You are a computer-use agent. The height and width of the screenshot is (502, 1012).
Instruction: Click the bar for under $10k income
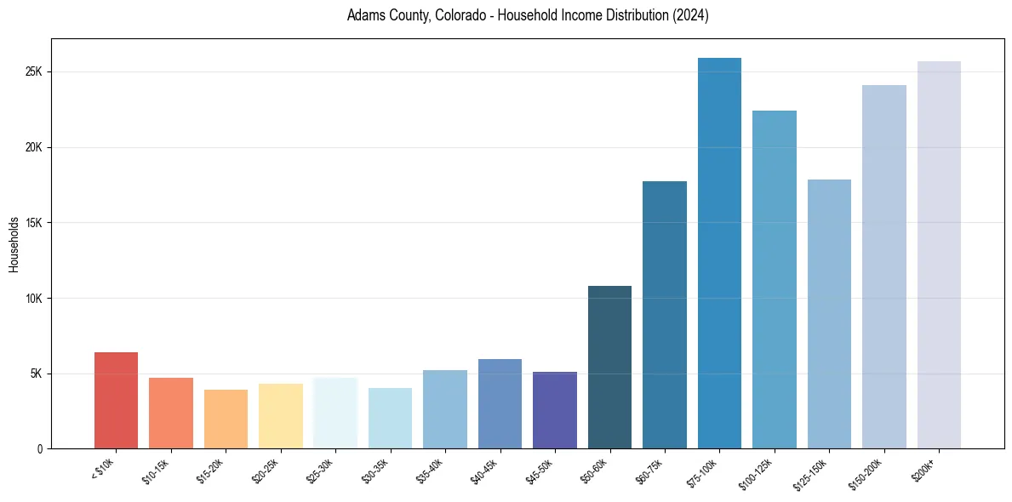coord(116,400)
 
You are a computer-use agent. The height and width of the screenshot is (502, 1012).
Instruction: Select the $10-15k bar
coord(171,413)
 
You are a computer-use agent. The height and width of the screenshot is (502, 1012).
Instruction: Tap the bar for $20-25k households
coord(280,416)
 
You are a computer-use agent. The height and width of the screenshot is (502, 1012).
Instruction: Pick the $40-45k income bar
coord(500,403)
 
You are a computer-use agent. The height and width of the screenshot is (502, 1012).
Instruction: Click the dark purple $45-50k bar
coord(554,410)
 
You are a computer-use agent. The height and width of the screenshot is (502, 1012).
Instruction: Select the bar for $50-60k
coord(609,367)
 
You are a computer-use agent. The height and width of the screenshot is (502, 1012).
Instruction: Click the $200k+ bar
coord(939,254)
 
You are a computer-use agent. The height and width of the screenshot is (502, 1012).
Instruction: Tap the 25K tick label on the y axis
coord(33,71)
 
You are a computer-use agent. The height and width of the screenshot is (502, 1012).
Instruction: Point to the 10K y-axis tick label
coord(33,299)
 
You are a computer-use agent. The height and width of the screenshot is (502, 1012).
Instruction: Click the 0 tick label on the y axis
coord(39,449)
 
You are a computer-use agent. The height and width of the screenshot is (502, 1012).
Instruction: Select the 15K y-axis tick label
coord(33,223)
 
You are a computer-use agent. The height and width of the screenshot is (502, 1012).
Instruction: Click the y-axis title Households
coord(14,243)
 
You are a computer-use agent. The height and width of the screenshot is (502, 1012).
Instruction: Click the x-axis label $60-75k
coord(650,469)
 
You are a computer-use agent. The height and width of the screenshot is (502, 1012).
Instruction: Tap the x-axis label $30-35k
coord(376,469)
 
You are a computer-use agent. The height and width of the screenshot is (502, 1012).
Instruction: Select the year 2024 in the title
coord(691,15)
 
